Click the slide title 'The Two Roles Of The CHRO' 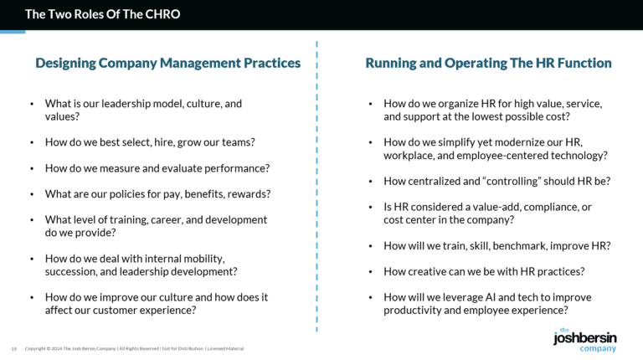coord(102,14)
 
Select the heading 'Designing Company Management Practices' coord(167,63)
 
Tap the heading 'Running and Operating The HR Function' coord(488,63)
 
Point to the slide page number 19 coord(14,348)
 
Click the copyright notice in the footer coord(135,348)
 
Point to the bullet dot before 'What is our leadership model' coord(31,105)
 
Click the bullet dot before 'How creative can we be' coord(370,272)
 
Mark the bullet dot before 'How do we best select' coord(31,143)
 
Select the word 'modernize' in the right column coord(511,143)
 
